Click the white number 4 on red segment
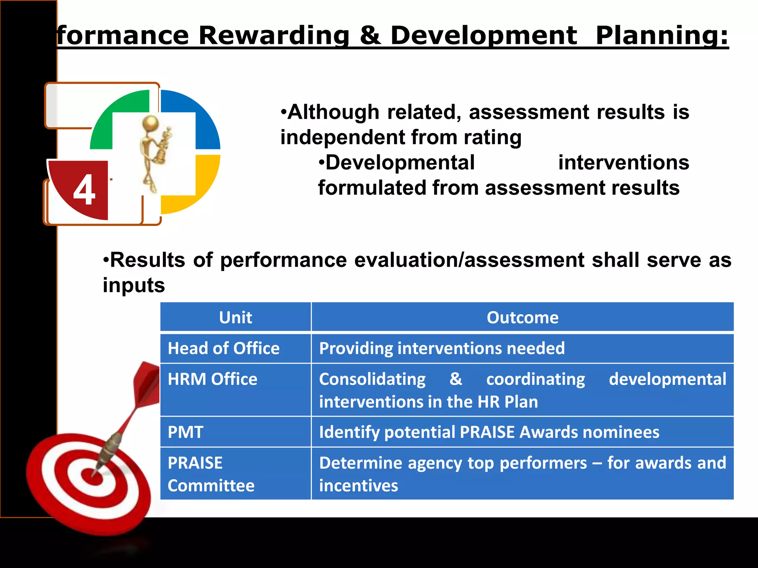84,190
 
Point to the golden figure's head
151,122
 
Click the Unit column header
235,317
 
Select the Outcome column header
522,317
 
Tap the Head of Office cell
224,348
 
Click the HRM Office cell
212,379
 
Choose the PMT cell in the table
185,432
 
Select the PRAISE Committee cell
211,474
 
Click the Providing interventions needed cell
442,348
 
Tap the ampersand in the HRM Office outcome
456,379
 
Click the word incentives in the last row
358,486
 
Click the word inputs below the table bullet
134,285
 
